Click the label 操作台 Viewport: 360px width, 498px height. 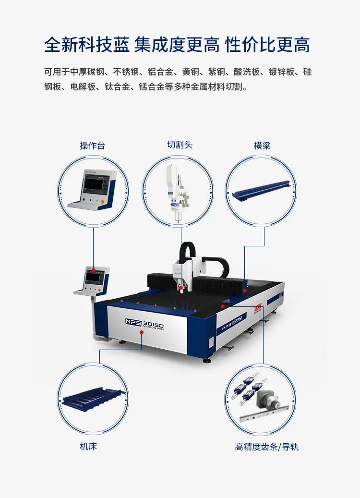point(92,146)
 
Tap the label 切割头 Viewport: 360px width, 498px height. point(180,145)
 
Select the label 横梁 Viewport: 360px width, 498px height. point(262,146)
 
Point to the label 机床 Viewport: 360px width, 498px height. point(88,446)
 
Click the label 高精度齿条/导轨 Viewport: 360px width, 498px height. point(267,447)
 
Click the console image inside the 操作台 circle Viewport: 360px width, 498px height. point(93,189)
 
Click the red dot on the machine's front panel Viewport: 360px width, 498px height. point(141,332)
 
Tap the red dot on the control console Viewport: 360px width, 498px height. point(94,269)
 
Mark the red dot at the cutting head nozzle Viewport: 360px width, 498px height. point(181,288)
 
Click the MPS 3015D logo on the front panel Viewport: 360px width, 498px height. point(144,323)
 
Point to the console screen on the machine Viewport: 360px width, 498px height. point(93,277)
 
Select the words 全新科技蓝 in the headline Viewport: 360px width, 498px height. point(87,45)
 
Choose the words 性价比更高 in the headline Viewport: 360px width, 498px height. point(267,45)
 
